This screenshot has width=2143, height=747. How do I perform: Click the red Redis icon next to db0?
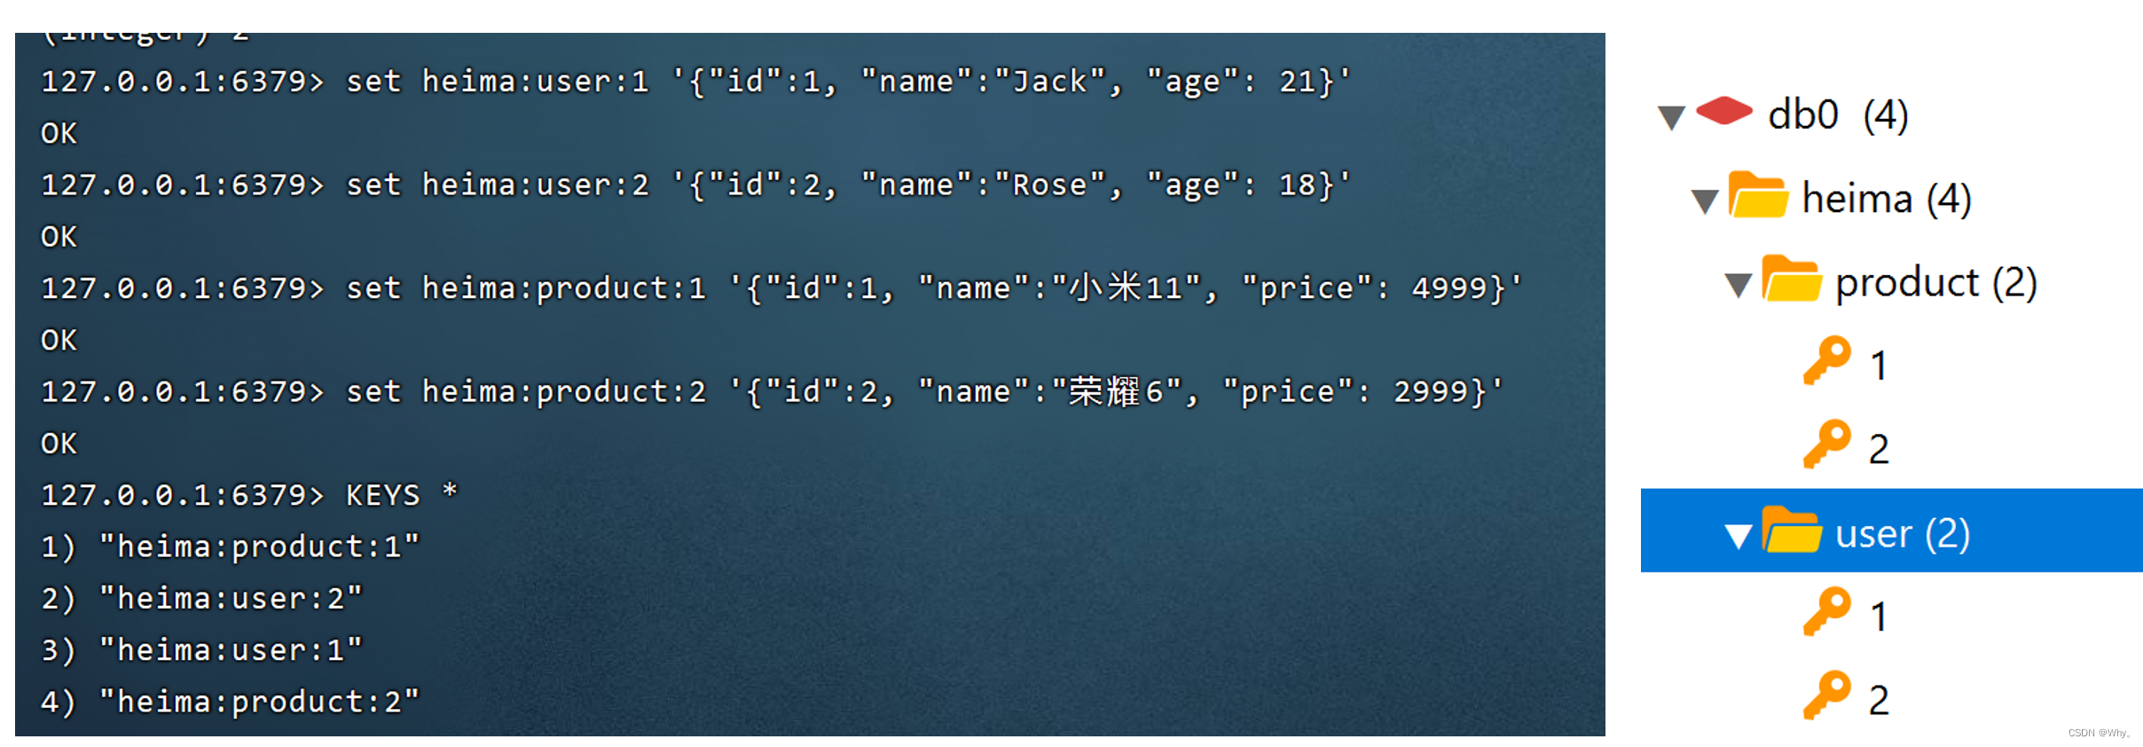click(x=1723, y=111)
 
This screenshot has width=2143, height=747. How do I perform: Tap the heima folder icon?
click(x=1757, y=194)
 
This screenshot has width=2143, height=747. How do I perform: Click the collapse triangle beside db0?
click(x=1671, y=117)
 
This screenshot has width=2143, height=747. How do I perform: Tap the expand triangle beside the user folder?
click(x=1738, y=536)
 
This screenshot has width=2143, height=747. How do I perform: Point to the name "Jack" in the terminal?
click(x=1050, y=82)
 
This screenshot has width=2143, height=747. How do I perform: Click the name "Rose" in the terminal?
click(x=1050, y=185)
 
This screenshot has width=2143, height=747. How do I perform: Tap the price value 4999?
click(x=1448, y=288)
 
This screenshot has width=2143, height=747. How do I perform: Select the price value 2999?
click(x=1430, y=391)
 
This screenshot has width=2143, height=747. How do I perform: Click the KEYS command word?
click(x=382, y=495)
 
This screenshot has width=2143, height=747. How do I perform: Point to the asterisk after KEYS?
click(x=450, y=491)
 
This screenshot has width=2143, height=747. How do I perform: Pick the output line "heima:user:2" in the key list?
click(x=231, y=599)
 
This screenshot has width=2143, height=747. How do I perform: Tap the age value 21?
click(x=1297, y=82)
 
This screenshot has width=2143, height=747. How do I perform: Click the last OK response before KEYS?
click(x=59, y=444)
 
